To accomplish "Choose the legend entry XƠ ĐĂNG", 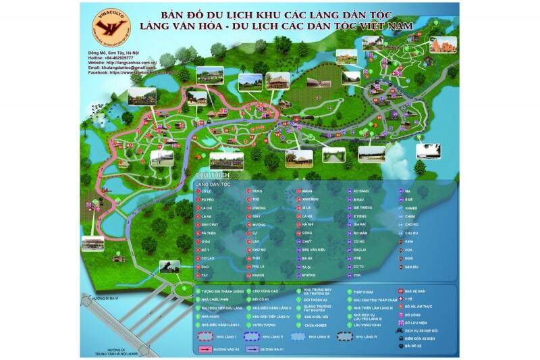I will [x=360, y=191].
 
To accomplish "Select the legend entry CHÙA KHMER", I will [x=316, y=325].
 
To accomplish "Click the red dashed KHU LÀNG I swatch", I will [x=210, y=336].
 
